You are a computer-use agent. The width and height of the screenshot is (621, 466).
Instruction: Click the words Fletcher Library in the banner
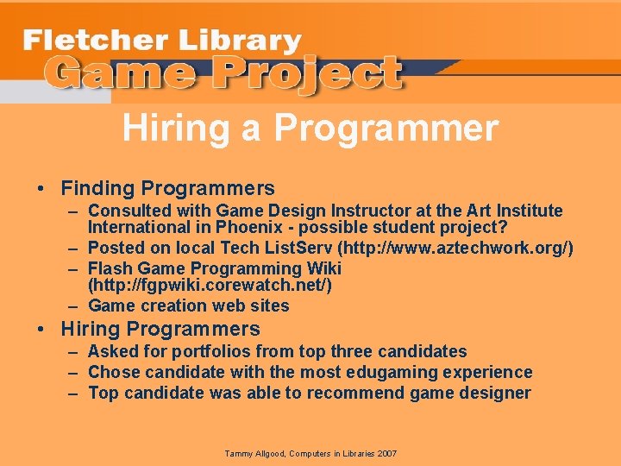point(162,40)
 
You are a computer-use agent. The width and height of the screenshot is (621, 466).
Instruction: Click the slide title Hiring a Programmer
point(310,129)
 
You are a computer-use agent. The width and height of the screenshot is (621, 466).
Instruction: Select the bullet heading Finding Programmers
point(167,188)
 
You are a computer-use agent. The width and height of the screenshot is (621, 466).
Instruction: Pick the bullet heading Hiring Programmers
point(160,329)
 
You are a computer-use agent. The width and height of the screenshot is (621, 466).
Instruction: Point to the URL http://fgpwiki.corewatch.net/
point(210,285)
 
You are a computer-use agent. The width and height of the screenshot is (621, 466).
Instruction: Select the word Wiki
point(323,268)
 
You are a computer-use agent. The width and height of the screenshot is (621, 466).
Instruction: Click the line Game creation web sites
point(188,305)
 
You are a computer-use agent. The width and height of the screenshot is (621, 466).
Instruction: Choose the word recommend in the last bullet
point(352,393)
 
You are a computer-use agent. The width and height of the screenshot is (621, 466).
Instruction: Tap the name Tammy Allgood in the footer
point(256,453)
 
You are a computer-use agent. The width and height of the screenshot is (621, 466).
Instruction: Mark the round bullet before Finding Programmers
point(41,188)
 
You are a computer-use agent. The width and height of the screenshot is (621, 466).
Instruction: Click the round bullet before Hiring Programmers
point(41,329)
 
